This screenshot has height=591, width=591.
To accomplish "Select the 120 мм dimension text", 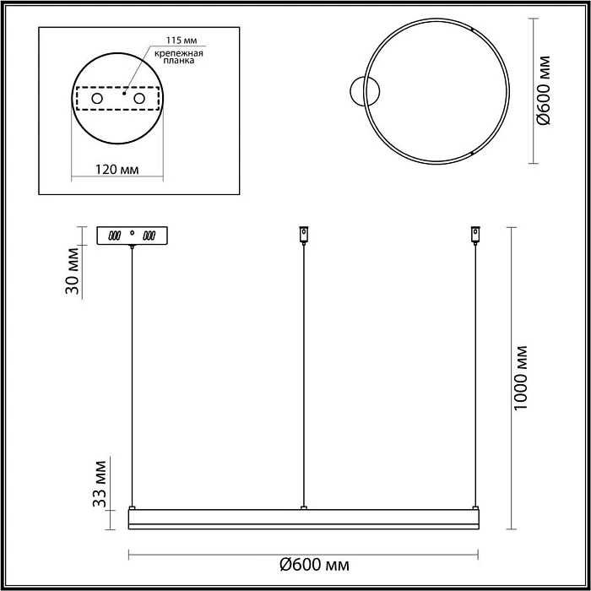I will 117,170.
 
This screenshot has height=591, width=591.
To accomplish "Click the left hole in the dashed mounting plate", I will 97,100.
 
